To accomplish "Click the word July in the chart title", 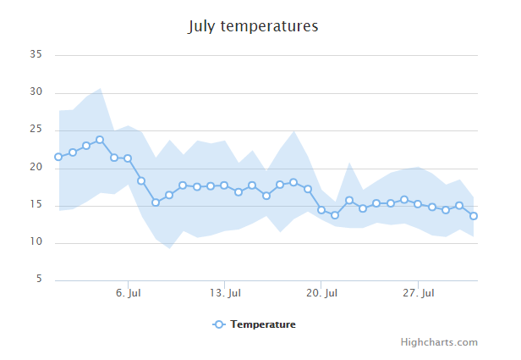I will pyautogui.click(x=202, y=26).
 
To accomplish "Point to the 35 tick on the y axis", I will pyautogui.click(x=36, y=55).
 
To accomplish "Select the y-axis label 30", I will pyautogui.click(x=36, y=92).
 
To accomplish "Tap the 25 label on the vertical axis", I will pyautogui.click(x=36, y=130).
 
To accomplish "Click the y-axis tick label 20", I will pyautogui.click(x=36, y=168).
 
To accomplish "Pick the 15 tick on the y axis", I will pyautogui.click(x=36, y=205).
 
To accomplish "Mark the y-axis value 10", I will pyautogui.click(x=36, y=242).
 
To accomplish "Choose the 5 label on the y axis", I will pyautogui.click(x=39, y=280).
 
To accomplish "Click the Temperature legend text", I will pyautogui.click(x=263, y=324).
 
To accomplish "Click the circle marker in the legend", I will pyautogui.click(x=218, y=324).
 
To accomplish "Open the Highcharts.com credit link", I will pyautogui.click(x=439, y=342).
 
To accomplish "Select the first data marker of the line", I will pyautogui.click(x=58, y=157).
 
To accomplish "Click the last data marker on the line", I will pyautogui.click(x=474, y=216).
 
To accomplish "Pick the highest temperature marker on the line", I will pyautogui.click(x=100, y=140).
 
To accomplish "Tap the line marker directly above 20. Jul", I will pyautogui.click(x=321, y=210).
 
